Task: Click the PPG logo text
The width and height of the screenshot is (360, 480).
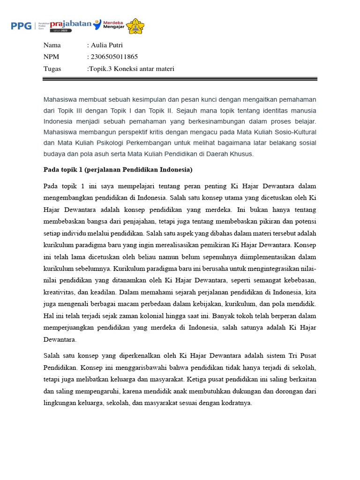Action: tap(21, 26)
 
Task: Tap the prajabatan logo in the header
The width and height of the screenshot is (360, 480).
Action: tap(70, 24)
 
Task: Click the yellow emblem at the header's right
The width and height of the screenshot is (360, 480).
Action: tap(136, 26)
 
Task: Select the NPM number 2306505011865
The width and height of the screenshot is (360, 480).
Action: tap(114, 57)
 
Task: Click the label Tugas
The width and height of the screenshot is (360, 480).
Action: tap(52, 69)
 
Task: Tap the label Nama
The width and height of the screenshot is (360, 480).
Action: tap(52, 45)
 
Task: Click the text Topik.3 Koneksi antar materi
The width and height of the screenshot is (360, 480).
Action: tap(131, 69)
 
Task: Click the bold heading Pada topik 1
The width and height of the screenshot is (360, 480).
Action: tap(118, 169)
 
